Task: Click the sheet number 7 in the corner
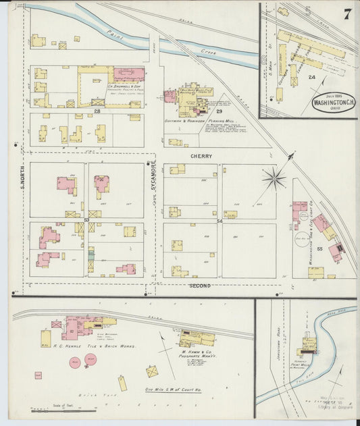click(x=346, y=14)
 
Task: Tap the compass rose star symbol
click(x=274, y=178)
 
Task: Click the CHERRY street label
click(x=201, y=156)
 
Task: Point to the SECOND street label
click(x=200, y=286)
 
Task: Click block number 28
click(x=97, y=110)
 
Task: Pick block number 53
click(x=86, y=220)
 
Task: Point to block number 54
click(x=220, y=221)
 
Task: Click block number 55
click(x=319, y=249)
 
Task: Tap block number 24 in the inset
click(x=311, y=78)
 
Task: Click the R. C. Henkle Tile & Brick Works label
click(x=95, y=345)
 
